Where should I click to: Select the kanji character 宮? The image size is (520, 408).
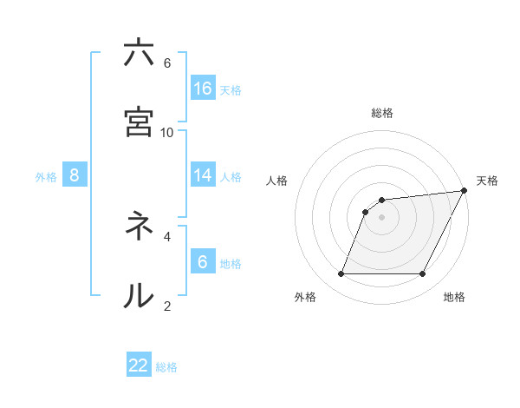(139, 121)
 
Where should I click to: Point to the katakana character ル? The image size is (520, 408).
(139, 295)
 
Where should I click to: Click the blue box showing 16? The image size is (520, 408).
(203, 88)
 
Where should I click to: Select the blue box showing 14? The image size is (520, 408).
(203, 175)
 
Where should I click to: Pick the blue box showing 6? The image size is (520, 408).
(203, 262)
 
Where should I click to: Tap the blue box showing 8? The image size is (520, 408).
(75, 175)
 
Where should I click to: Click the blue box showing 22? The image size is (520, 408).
(139, 365)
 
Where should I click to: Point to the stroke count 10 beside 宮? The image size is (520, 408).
(167, 132)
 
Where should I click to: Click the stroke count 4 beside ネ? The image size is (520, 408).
(167, 235)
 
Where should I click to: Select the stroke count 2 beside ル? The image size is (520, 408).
(167, 305)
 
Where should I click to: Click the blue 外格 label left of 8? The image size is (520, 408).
(46, 176)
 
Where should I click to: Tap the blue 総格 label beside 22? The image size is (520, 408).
(166, 367)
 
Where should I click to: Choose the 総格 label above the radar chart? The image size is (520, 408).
(382, 113)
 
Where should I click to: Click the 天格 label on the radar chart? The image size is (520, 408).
(487, 181)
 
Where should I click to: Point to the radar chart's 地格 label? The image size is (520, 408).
(454, 297)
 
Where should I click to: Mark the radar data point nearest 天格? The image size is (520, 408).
(465, 191)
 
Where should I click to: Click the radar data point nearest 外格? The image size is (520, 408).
(341, 274)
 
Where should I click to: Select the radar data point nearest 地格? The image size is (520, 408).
(423, 274)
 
